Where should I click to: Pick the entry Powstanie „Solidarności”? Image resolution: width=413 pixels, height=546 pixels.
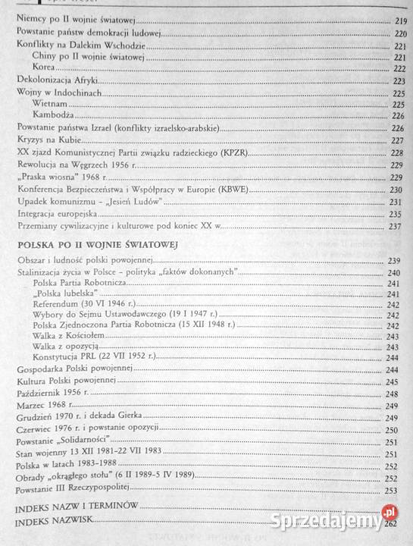pyautogui.click(x=64, y=441)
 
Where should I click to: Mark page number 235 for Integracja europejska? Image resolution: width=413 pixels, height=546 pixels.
pyautogui.click(x=396, y=215)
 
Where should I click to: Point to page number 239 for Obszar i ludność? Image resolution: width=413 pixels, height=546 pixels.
pyautogui.click(x=396, y=260)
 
